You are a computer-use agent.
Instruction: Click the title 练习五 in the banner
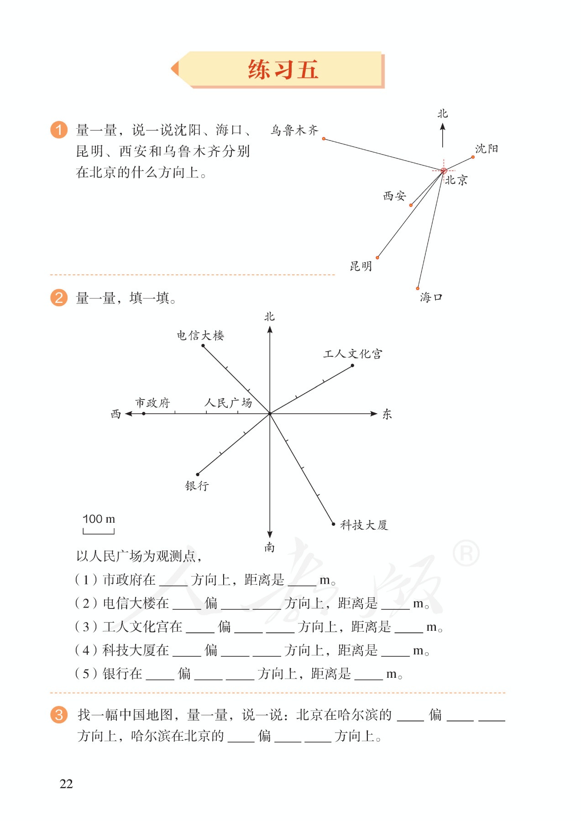tap(283, 70)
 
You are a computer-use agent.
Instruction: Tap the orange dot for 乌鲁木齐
tap(324, 139)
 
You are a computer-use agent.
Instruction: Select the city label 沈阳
tap(487, 149)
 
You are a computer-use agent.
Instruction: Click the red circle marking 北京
tap(443, 171)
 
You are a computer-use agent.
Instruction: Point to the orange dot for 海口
tap(418, 288)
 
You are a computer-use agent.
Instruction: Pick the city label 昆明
tap(361, 266)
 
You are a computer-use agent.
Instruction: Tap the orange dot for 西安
tap(411, 205)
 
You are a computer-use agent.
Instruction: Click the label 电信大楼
tap(200, 336)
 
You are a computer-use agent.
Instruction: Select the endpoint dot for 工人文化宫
tap(352, 365)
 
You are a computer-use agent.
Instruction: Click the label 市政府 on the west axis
tap(152, 403)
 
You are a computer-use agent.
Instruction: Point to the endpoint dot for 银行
tap(198, 474)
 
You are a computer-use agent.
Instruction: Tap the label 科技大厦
tap(364, 525)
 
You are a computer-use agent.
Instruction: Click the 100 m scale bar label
tap(99, 519)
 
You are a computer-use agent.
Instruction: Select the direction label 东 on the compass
tap(387, 414)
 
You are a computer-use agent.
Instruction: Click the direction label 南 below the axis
tap(270, 547)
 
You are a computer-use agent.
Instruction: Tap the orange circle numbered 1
tap(59, 130)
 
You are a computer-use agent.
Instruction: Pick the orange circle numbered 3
tap(59, 715)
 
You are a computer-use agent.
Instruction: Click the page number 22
tap(66, 784)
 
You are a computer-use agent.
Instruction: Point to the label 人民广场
tap(228, 403)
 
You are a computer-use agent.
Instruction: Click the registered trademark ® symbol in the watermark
tap(466, 553)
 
